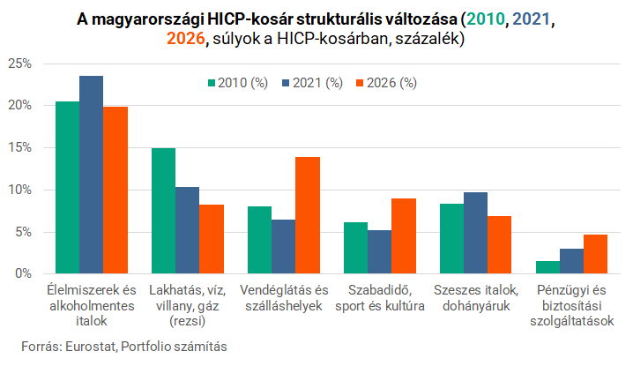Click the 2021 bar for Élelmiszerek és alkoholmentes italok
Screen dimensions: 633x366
point(91,175)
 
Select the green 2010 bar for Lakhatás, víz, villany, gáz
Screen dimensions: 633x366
point(163,211)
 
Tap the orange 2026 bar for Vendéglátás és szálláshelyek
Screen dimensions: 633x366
point(308,215)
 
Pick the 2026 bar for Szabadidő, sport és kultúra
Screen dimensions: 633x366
point(404,236)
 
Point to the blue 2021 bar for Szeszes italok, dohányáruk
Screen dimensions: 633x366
point(475,233)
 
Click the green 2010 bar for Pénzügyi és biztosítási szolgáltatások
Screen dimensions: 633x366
point(547,267)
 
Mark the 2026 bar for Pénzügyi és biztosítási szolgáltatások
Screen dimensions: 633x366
point(595,254)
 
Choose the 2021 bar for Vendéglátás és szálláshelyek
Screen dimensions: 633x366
point(283,247)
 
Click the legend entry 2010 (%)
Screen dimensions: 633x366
point(238,83)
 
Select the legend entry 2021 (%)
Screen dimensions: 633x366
point(312,83)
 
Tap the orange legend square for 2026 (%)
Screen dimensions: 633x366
point(360,83)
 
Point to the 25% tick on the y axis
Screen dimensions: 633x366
point(19,63)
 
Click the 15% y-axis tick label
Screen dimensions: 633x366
point(19,147)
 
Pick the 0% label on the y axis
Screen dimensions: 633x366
point(24,273)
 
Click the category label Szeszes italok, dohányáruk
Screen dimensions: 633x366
point(476,298)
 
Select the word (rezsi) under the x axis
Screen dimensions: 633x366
point(187,321)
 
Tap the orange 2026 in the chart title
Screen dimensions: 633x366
point(186,39)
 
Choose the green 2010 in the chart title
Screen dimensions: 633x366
point(486,19)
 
